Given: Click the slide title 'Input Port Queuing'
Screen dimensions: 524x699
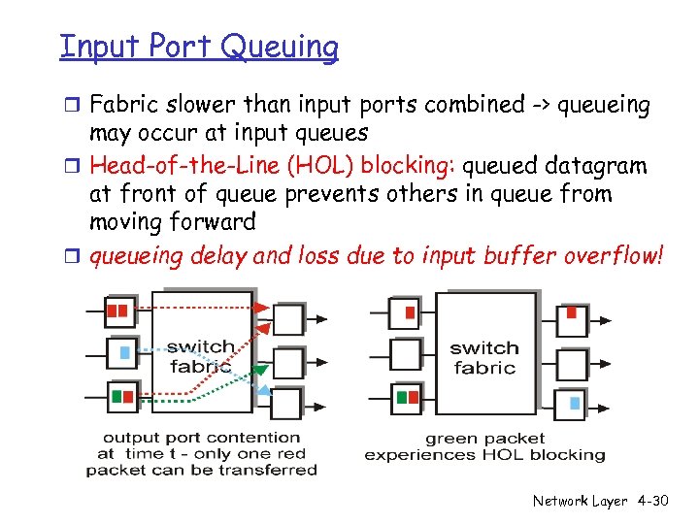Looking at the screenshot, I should [199, 46].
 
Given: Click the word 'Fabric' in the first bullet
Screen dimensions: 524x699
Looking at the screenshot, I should [123, 104].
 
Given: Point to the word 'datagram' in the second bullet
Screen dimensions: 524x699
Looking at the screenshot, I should [600, 166].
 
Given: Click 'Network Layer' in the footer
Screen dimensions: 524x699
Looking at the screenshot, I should [580, 501].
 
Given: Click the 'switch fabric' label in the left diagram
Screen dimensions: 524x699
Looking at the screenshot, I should [201, 356].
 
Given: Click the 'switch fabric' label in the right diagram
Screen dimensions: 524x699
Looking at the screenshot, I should [484, 357].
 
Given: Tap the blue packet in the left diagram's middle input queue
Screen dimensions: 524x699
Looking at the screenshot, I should [124, 353].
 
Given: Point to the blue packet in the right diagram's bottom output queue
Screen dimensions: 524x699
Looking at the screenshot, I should [575, 403].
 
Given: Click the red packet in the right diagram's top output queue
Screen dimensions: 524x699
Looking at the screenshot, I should [572, 312].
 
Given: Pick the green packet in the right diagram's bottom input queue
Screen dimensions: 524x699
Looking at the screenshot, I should [402, 397].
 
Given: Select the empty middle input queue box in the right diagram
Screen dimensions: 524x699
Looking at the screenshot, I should [406, 354].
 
